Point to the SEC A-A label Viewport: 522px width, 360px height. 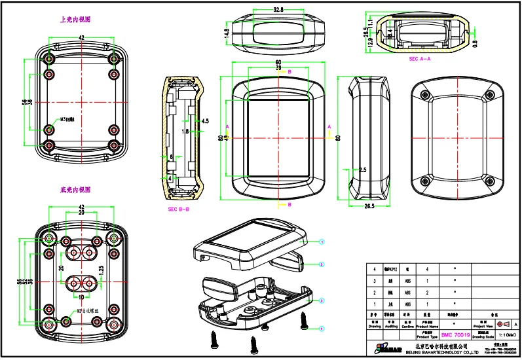(419, 59)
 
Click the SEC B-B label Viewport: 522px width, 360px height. (178, 209)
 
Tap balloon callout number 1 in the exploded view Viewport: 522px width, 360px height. (322, 241)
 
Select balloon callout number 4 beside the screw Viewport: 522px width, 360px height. (322, 327)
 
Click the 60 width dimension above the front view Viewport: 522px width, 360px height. (278, 62)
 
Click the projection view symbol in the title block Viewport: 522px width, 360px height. (502, 324)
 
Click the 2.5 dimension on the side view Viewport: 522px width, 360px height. (362, 170)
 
